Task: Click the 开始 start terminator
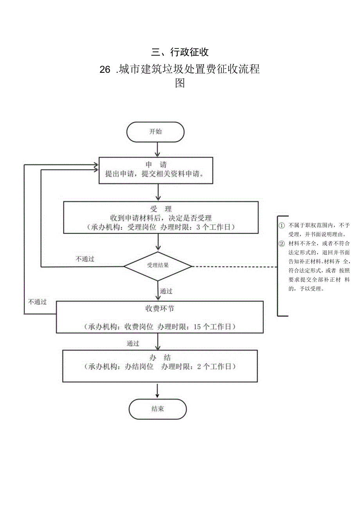click(155, 132)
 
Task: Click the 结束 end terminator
click(158, 409)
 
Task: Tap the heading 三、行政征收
click(180, 52)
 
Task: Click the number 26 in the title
click(105, 70)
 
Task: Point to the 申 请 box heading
click(155, 165)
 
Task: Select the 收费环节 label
click(160, 309)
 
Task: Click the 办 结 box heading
click(160, 358)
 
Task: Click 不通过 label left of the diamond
click(85, 259)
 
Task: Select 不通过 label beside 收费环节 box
click(37, 302)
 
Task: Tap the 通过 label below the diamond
click(166, 291)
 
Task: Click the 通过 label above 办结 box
click(133, 344)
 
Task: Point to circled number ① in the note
click(281, 226)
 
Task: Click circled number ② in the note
click(281, 244)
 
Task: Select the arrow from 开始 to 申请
click(157, 149)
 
